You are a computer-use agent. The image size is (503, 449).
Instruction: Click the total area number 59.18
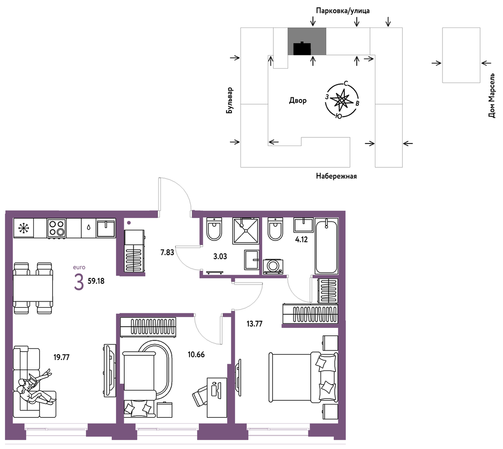(96, 281)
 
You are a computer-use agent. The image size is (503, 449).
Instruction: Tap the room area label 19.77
(62, 357)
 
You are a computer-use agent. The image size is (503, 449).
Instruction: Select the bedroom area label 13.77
(255, 324)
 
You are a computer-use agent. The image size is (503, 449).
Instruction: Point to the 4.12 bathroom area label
(301, 240)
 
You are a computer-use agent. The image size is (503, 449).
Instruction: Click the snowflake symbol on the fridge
(24, 228)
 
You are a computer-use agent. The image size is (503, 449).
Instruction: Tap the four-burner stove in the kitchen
(57, 228)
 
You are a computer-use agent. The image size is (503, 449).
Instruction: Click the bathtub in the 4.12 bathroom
(326, 246)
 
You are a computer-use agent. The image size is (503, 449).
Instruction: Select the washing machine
(273, 266)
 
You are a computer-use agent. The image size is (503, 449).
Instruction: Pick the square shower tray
(246, 231)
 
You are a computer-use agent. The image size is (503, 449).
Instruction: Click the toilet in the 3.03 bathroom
(214, 229)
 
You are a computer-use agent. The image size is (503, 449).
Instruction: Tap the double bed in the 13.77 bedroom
(303, 377)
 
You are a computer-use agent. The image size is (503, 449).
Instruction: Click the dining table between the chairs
(33, 288)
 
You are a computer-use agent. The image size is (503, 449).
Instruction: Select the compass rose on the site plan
(342, 100)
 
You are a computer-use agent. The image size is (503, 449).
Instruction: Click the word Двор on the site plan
(298, 100)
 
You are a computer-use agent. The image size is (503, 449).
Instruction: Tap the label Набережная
(336, 176)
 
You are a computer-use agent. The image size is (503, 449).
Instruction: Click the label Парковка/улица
(343, 11)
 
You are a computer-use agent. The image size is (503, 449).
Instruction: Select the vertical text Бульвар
(230, 100)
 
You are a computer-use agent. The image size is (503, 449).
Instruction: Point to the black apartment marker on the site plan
(302, 48)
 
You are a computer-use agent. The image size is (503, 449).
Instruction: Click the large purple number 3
(79, 283)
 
